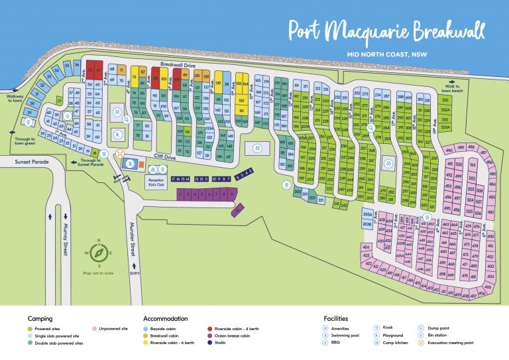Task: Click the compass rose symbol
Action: pos(99,253)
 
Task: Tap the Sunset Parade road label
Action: pos(20,160)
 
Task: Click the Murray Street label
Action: pos(66,239)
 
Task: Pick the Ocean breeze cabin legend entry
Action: pos(229,335)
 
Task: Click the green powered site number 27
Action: pos(60,101)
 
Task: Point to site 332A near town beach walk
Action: pos(445,109)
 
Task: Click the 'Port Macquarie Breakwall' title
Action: pos(386,31)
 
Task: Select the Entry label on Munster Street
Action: pos(135,272)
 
